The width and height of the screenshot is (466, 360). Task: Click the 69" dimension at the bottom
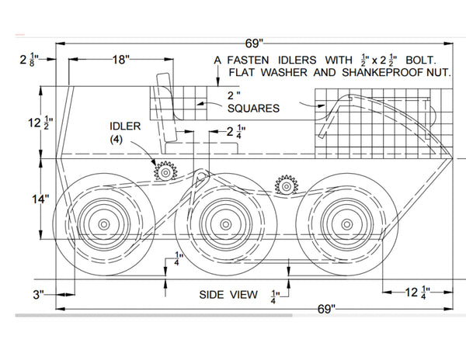coord(325,308)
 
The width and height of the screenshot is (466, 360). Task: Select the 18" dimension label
coord(120,59)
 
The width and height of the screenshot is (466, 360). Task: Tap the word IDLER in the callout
coord(125,126)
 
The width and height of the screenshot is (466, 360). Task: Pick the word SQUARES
coord(254,109)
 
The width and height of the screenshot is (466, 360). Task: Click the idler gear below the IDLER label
coord(164,171)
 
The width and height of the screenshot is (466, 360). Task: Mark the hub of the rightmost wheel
coord(339,223)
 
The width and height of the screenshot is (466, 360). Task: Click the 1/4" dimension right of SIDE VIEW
coord(275,295)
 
